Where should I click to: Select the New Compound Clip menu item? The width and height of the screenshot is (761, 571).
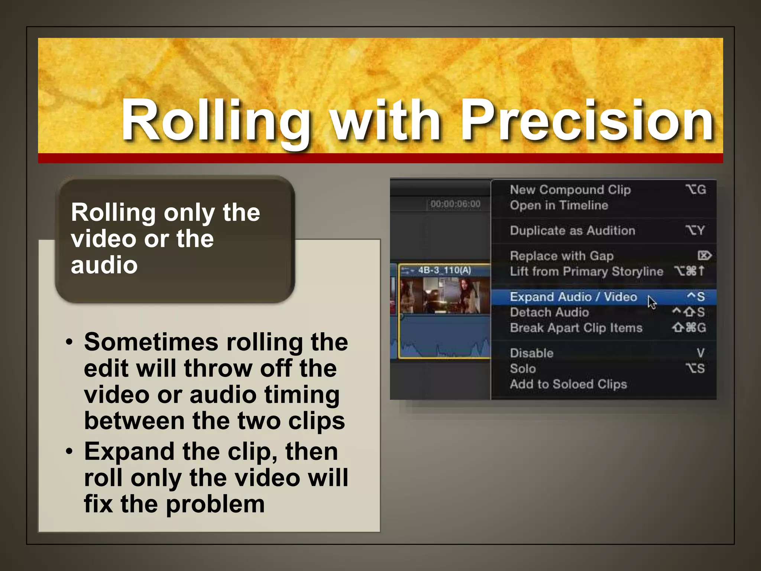(x=570, y=190)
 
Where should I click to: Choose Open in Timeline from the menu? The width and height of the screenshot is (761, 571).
(x=559, y=205)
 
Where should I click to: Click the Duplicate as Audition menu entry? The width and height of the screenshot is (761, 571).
(x=572, y=230)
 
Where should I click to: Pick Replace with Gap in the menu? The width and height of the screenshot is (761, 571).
(x=561, y=256)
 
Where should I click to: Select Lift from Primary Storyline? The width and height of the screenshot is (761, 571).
(x=586, y=271)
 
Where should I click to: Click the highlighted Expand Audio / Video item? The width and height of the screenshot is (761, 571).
(x=573, y=297)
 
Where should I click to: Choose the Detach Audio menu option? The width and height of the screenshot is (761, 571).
(x=549, y=312)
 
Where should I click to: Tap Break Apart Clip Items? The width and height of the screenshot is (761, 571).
(x=576, y=328)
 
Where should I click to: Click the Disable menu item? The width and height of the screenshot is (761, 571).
(x=531, y=353)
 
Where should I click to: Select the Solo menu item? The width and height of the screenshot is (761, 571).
(x=523, y=368)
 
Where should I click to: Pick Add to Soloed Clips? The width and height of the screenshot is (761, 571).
(x=568, y=384)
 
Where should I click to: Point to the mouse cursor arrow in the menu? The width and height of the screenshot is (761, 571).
(x=651, y=301)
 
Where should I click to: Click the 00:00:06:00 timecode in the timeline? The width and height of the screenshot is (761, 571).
(x=455, y=204)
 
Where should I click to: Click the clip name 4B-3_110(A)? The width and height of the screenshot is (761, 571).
(x=444, y=270)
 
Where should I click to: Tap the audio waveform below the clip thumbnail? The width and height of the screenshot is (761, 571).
(x=444, y=338)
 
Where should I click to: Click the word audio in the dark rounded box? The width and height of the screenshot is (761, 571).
(x=104, y=265)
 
